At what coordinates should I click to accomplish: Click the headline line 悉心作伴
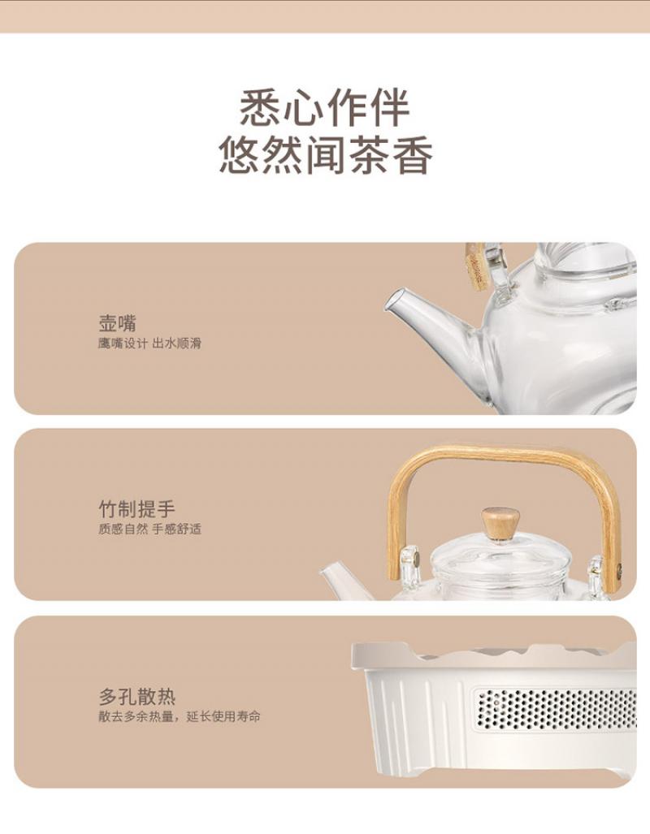[324, 108]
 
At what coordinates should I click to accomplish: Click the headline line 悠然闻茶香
[325, 155]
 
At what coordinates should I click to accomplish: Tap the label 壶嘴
[118, 323]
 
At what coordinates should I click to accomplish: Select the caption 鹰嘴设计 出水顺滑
[149, 343]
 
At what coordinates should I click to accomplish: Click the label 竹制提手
[136, 509]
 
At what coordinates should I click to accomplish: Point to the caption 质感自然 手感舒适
[149, 529]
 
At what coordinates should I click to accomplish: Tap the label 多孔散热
[136, 696]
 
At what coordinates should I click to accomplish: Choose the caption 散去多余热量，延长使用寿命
[180, 716]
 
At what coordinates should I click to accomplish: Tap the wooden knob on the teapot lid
[500, 523]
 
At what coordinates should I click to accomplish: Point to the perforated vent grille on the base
[556, 709]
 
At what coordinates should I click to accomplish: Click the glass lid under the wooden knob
[500, 559]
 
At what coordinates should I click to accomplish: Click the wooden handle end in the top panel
[475, 267]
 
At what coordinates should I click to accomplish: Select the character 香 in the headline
[412, 155]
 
